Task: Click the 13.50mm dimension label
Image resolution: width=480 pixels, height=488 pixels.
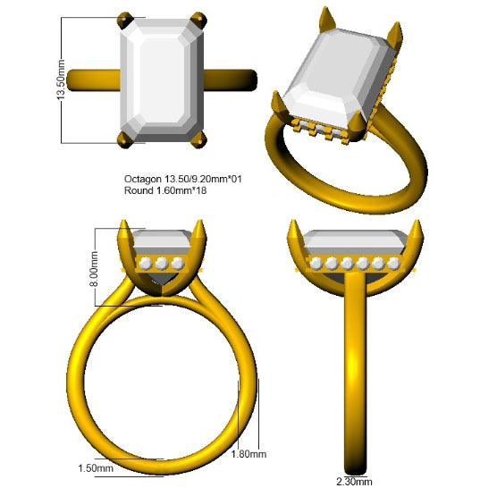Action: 61,80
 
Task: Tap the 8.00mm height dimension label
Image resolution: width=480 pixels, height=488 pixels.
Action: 94,269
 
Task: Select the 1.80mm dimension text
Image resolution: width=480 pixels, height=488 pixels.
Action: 248,454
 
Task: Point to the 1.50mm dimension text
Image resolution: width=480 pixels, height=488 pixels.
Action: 96,468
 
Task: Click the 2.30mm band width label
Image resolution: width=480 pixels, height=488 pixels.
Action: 354,482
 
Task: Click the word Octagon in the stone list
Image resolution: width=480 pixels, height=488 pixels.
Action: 143,180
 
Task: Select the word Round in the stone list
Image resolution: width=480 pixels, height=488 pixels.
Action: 139,190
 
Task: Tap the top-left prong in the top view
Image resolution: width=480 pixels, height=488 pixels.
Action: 125,21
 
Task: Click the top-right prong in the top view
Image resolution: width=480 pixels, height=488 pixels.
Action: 199,21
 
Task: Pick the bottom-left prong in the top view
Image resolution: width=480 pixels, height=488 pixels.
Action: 125,139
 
